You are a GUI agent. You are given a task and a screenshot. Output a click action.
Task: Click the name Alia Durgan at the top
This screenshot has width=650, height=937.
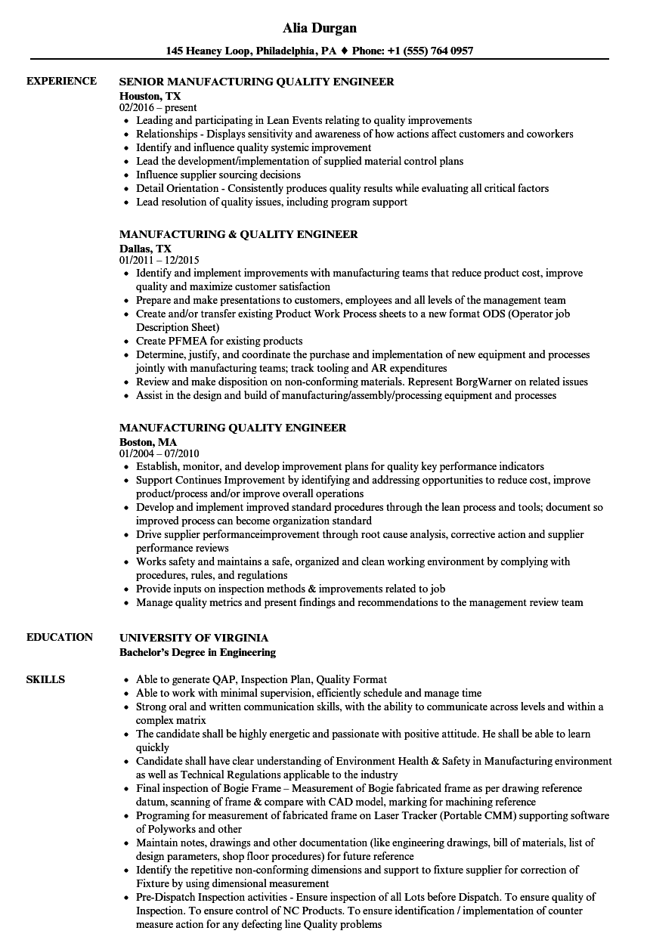tap(320, 28)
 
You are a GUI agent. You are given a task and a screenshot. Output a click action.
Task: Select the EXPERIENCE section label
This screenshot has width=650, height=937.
tap(61, 81)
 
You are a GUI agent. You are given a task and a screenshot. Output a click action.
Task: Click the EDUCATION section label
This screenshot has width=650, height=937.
tap(60, 637)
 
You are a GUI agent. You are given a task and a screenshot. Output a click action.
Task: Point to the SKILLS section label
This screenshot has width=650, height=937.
tap(45, 679)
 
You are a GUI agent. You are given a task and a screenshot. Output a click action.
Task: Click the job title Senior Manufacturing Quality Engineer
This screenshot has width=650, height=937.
tap(256, 82)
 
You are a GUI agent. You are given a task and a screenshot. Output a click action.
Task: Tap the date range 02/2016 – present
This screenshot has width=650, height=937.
tap(158, 108)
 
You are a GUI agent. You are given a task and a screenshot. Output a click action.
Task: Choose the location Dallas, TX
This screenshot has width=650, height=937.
tap(145, 248)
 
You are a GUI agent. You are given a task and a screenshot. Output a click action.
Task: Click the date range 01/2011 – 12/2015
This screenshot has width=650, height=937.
tap(159, 261)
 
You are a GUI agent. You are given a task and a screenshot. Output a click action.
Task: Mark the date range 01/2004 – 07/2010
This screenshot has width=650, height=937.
tap(159, 454)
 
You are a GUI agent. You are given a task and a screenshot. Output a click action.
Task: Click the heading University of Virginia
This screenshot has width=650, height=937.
tap(193, 638)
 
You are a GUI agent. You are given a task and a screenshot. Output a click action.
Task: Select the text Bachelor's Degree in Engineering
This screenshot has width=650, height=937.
tap(197, 652)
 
